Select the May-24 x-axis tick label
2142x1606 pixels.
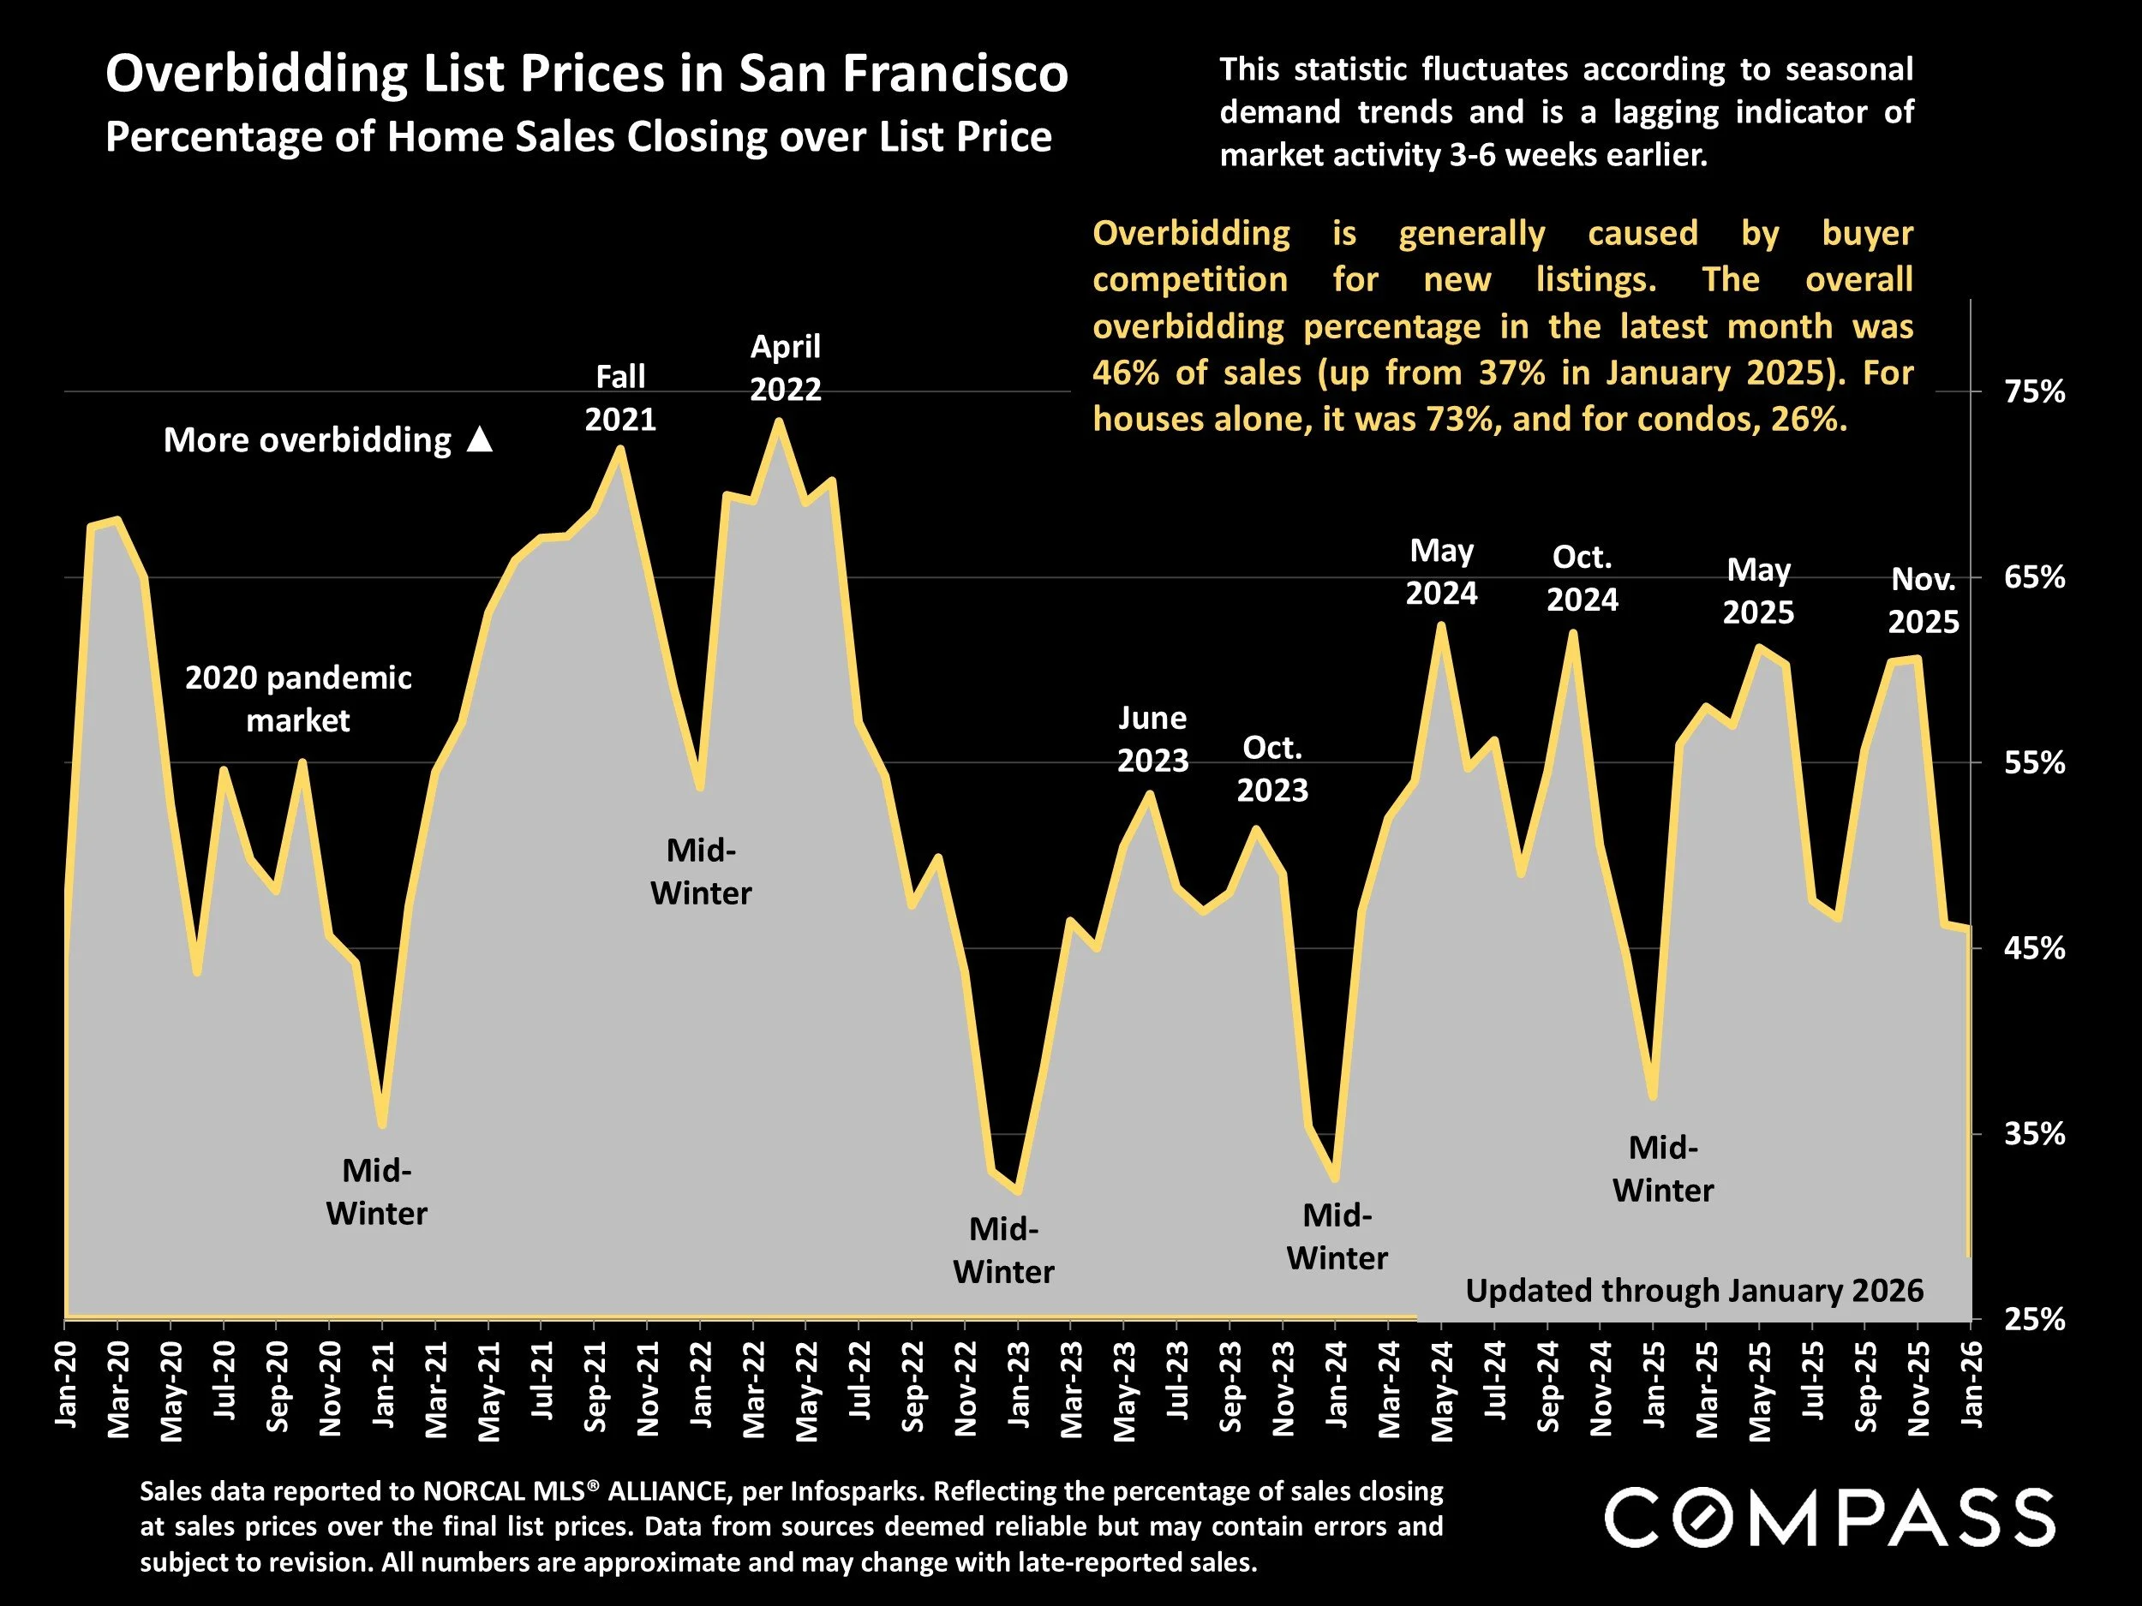pos(1443,1390)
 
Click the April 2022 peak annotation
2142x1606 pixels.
pos(786,367)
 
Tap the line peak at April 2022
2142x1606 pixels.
pos(779,421)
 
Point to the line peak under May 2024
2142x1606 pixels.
pos(1442,625)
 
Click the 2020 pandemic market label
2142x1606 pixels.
pos(298,698)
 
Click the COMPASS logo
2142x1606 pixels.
pos(1829,1517)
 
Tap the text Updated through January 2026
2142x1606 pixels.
pos(1694,1291)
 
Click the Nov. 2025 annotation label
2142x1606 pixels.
pos(1924,600)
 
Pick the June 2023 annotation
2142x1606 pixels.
pos(1152,738)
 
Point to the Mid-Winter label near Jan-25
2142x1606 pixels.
pos(1663,1168)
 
